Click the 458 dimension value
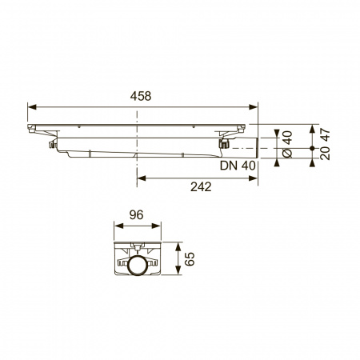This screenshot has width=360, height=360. [141, 96]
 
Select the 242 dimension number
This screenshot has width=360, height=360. [201, 187]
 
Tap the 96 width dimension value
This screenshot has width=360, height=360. [136, 215]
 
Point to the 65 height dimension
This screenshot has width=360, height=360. [190, 258]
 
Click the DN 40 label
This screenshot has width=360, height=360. [238, 166]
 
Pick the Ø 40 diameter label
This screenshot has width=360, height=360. [287, 144]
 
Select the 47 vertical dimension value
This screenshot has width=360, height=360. [326, 135]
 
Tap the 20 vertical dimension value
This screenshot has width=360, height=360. [326, 154]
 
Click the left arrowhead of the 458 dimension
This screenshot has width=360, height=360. [32, 107]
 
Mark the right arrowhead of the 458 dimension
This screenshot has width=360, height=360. [254, 107]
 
